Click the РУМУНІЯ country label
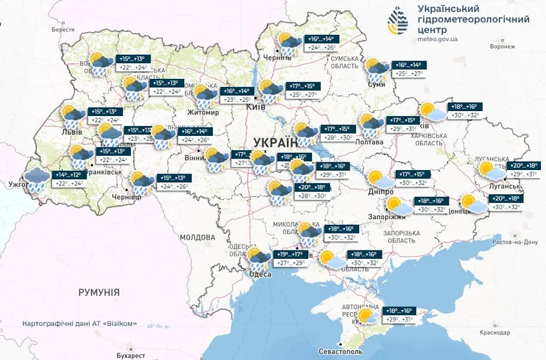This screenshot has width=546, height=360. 99,292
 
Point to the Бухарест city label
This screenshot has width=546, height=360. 129,355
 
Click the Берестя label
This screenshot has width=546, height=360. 63,29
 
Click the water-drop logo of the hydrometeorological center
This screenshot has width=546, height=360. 398,22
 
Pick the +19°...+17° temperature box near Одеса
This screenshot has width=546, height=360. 289,253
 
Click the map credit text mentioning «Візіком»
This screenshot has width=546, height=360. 79,323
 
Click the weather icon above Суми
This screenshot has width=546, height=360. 375,70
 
